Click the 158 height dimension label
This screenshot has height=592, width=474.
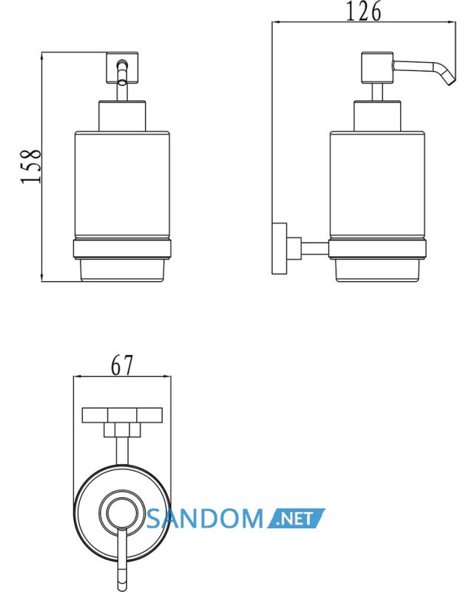click(x=30, y=166)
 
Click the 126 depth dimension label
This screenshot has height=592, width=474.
click(x=363, y=12)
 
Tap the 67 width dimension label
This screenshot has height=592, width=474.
click(x=122, y=365)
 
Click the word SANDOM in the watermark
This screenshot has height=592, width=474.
click(x=205, y=518)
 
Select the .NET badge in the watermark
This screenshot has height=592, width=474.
click(x=297, y=518)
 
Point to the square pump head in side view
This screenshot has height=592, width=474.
click(x=377, y=67)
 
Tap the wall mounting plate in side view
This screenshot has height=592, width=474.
click(x=280, y=249)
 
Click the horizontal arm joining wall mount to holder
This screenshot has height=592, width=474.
click(x=315, y=249)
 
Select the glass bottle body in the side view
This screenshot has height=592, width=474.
click(x=377, y=185)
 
